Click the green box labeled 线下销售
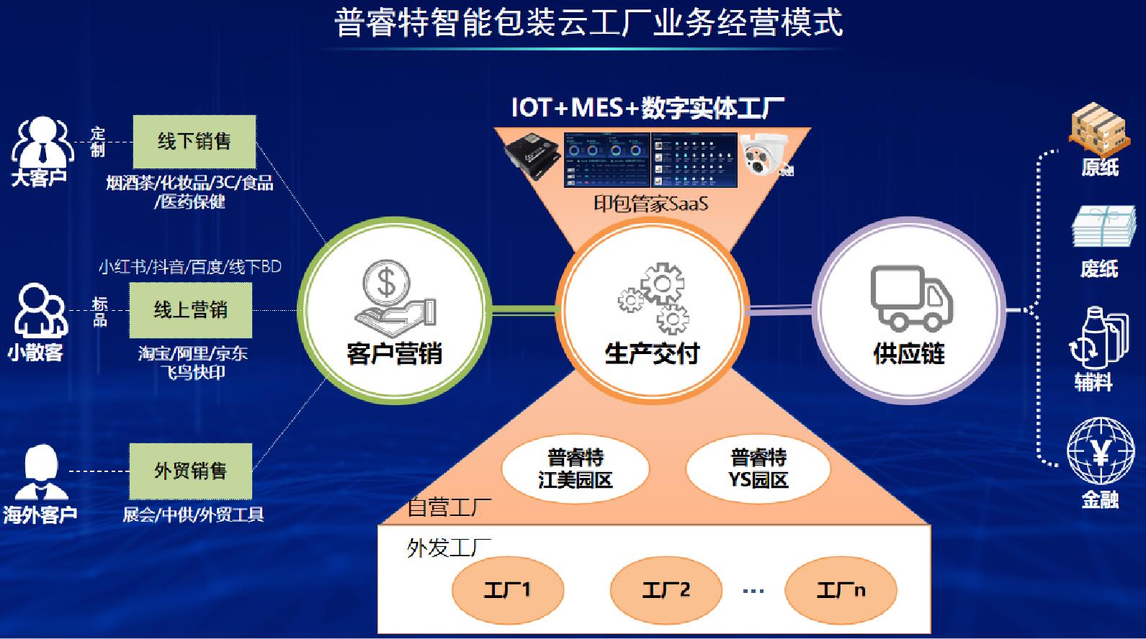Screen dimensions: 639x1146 pyautogui.click(x=194, y=141)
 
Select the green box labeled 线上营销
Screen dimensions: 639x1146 pyautogui.click(x=190, y=310)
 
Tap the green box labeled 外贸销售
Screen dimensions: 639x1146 pyautogui.click(x=190, y=471)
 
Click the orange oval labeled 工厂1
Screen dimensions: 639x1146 pyautogui.click(x=507, y=590)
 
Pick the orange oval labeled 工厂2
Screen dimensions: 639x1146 pyautogui.click(x=666, y=590)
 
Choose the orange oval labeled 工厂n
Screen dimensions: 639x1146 pyautogui.click(x=841, y=590)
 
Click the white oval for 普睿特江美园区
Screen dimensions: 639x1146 pyautogui.click(x=575, y=468)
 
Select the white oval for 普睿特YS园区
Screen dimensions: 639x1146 pyautogui.click(x=758, y=468)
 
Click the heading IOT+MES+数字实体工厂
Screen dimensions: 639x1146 pyautogui.click(x=648, y=108)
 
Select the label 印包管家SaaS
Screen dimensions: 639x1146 pyautogui.click(x=650, y=204)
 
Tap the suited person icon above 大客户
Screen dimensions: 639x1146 pyautogui.click(x=42, y=142)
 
